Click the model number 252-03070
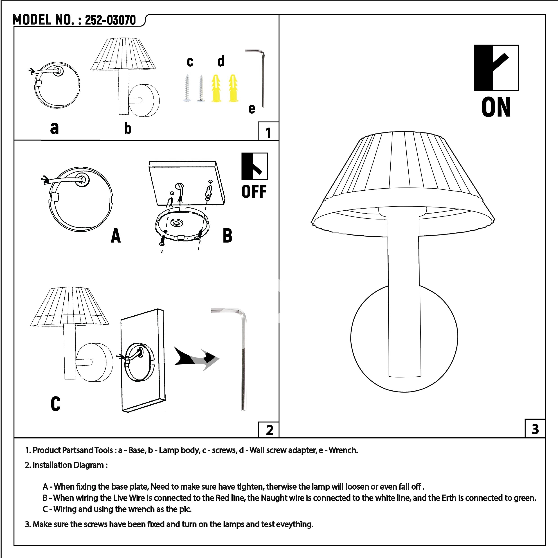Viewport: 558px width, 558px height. [x=110, y=20]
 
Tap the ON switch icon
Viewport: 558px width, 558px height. [x=496, y=68]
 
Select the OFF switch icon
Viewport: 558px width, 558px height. [x=254, y=166]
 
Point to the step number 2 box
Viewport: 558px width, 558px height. [x=269, y=430]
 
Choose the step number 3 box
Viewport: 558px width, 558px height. [x=535, y=429]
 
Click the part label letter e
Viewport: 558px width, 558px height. [x=252, y=109]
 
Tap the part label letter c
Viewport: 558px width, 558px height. [x=190, y=62]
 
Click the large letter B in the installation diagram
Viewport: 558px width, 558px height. [x=228, y=235]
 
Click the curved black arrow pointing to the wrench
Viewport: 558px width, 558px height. [x=196, y=358]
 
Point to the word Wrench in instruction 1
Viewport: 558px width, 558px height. [x=343, y=450]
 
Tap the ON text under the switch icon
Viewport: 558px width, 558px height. [x=496, y=107]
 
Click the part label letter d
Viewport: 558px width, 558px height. [x=221, y=61]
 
